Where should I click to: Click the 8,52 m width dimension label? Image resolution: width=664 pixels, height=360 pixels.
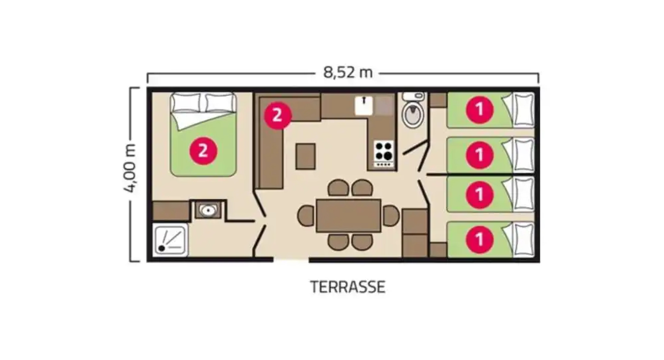pos(347,73)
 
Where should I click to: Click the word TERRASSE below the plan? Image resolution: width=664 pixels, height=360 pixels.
pos(347,287)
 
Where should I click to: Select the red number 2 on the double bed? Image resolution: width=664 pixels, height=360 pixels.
pos(203,151)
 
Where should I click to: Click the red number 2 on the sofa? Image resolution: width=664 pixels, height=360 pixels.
pos(278,115)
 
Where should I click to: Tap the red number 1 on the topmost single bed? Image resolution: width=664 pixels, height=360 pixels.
pos(479,110)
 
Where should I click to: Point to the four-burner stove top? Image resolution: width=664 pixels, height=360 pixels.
pos(384,151)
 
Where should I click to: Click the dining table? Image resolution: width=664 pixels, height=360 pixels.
pos(348,215)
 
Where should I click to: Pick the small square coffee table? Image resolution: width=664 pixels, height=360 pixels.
pos(305,156)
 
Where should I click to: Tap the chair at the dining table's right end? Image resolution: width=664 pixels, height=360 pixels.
pos(390,215)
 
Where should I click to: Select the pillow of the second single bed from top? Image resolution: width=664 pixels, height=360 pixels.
pos(524,155)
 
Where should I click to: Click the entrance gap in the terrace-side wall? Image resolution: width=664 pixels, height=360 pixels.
pos(291,260)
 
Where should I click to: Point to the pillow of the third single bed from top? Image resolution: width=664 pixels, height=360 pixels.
pos(524,194)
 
